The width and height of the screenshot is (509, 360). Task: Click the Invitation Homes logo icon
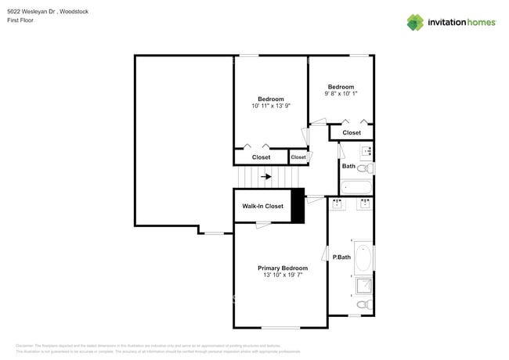pyautogui.click(x=414, y=22)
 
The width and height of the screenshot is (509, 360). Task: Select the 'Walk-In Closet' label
pyautogui.click(x=262, y=207)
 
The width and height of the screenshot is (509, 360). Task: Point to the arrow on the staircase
pyautogui.click(x=267, y=177)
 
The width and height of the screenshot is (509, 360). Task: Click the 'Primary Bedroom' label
pyautogui.click(x=283, y=268)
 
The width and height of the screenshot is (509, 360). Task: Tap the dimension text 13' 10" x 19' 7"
pyautogui.click(x=283, y=275)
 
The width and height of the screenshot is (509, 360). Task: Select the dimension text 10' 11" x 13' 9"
pyautogui.click(x=271, y=106)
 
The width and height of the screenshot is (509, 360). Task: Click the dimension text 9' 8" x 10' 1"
pyautogui.click(x=341, y=94)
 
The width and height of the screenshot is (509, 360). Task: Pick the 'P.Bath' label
pyautogui.click(x=341, y=257)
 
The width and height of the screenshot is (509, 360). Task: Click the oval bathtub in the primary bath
pyautogui.click(x=364, y=257)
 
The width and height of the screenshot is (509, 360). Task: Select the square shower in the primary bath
pyautogui.click(x=364, y=285)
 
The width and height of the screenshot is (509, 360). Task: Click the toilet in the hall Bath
pyautogui.click(x=365, y=167)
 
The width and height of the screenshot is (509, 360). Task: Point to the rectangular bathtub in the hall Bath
pyautogui.click(x=357, y=188)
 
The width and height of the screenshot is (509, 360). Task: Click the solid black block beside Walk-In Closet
pyautogui.click(x=298, y=207)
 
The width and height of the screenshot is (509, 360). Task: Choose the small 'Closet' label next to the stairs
pyautogui.click(x=298, y=157)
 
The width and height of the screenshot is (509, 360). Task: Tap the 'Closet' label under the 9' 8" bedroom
pyautogui.click(x=352, y=133)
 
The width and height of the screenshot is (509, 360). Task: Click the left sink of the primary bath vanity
pyautogui.click(x=338, y=205)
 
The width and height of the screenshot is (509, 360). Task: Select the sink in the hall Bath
pyautogui.click(x=366, y=151)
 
